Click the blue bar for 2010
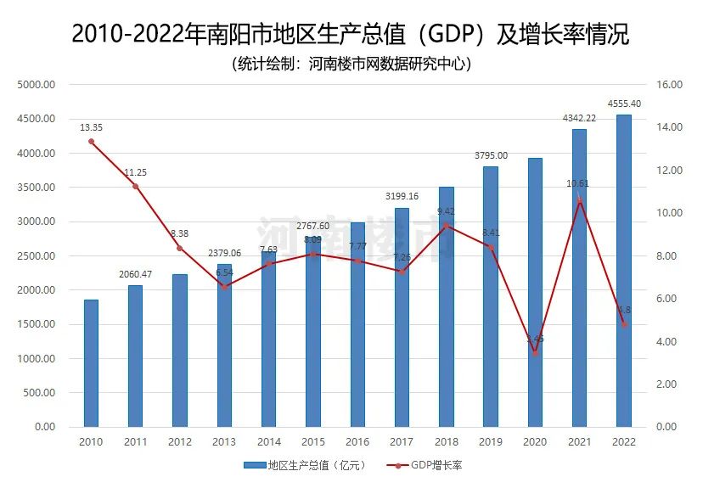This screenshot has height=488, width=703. [91, 363]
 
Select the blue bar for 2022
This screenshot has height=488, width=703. [623, 271]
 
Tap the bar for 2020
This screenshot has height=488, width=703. [535, 292]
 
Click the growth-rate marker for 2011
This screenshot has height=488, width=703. [135, 186]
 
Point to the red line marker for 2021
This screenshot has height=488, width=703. [579, 200]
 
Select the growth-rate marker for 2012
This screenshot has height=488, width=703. [179, 248]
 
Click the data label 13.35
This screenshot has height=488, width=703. [91, 127]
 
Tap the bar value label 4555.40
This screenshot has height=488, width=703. [623, 104]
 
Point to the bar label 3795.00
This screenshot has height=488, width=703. [491, 155]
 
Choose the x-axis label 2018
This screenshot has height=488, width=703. [446, 441]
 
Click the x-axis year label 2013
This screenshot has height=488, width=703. [224, 441]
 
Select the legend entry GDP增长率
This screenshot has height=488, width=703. [425, 465]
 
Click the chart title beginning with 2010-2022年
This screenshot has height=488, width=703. [351, 35]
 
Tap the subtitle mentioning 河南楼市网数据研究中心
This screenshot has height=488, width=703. [351, 65]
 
